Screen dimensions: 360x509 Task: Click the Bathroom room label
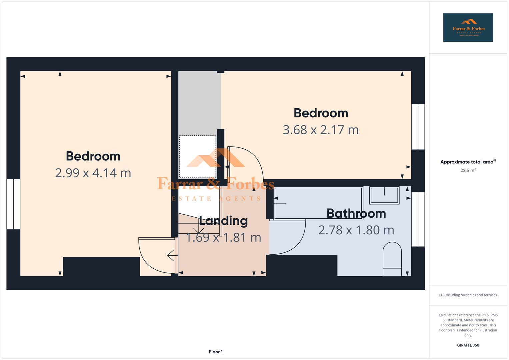click(356, 214)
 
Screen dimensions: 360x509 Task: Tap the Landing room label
click(223, 221)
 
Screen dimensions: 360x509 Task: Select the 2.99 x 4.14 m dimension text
click(93, 173)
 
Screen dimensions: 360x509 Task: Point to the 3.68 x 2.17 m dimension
click(321, 130)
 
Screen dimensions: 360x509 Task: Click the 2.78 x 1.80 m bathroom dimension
click(356, 230)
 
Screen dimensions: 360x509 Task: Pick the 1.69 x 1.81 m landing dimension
click(223, 237)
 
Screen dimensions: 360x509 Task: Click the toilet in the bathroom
click(392, 259)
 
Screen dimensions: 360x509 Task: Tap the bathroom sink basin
click(384, 195)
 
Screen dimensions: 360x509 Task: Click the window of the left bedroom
click(13, 204)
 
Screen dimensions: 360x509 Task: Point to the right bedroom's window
click(418, 127)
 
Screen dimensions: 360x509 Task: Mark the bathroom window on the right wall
click(418, 219)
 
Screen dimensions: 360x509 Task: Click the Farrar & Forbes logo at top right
click(468, 28)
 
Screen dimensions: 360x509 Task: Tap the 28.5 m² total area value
click(468, 170)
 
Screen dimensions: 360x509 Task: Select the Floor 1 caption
click(216, 352)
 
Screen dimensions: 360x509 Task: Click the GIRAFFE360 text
click(468, 345)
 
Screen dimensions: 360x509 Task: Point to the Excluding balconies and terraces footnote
click(468, 295)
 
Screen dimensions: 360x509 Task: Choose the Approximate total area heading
click(467, 162)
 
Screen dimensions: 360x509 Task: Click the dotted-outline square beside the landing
click(198, 157)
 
